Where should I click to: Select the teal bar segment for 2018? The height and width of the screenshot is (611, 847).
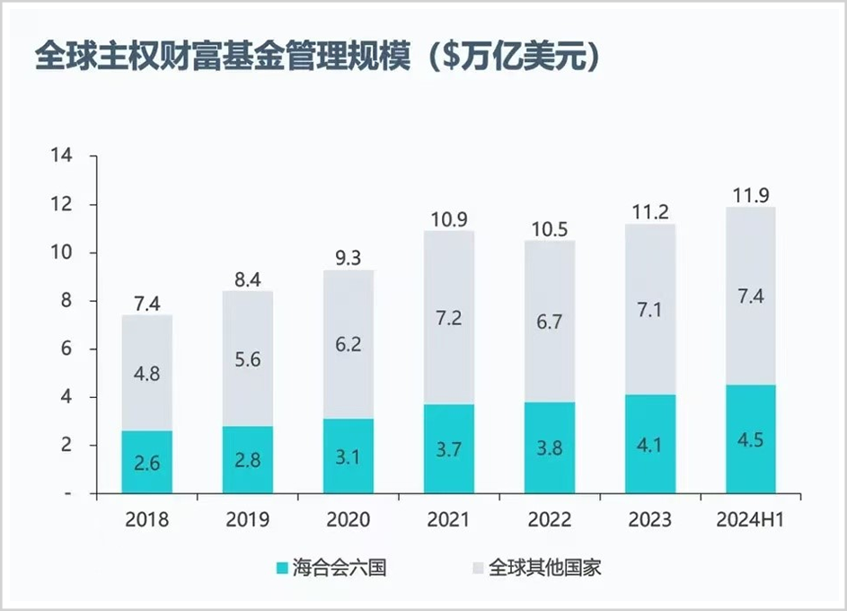pos(147,462)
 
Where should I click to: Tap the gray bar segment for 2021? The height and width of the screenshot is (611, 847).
pos(449,317)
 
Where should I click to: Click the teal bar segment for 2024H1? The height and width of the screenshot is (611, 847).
pos(750,439)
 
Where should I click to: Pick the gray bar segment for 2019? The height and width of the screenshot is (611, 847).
pos(248,359)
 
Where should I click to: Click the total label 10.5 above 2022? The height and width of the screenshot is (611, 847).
pos(550,228)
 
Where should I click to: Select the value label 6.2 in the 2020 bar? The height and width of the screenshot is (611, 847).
pos(349,342)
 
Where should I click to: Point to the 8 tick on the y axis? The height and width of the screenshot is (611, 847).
pos(66,301)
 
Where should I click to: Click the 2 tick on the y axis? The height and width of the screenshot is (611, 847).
pos(66,446)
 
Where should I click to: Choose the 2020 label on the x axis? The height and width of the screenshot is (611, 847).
pos(349,519)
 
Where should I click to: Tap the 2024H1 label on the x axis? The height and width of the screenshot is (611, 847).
pos(751,519)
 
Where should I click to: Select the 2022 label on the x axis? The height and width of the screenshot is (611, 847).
pos(550,519)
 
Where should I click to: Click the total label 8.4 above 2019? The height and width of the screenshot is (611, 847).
pos(248,279)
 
